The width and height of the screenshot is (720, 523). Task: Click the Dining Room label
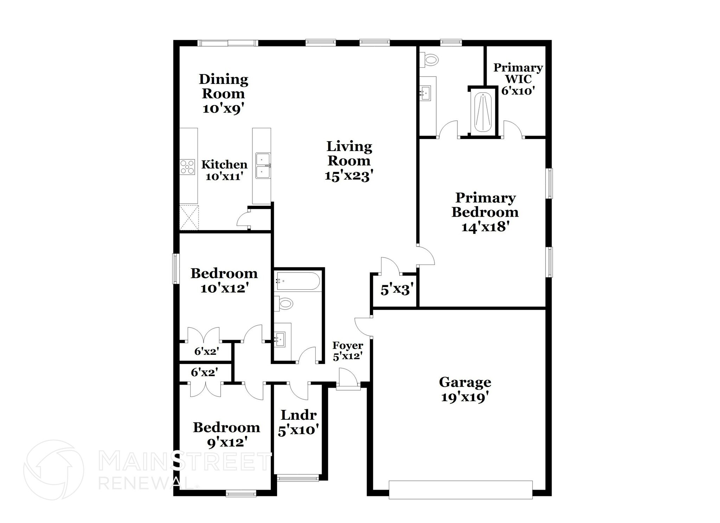tap(224, 86)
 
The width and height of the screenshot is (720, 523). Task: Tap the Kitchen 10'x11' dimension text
tap(224, 176)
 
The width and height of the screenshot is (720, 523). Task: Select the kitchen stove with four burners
tap(187, 167)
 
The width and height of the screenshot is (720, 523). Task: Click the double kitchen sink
tap(263, 165)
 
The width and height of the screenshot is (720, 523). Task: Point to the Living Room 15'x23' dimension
tap(348, 175)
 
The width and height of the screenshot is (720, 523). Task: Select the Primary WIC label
tap(518, 73)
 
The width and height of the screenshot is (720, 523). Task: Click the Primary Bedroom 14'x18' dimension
tap(486, 227)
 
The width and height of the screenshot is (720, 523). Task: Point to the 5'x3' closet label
tap(396, 290)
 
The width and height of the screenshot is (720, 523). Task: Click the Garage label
tap(465, 382)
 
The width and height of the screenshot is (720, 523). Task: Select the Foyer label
tap(348, 346)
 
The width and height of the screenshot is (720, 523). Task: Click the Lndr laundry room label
tap(298, 415)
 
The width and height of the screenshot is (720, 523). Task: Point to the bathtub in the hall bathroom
tap(297, 281)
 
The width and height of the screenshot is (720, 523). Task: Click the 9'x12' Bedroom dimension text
tap(225, 442)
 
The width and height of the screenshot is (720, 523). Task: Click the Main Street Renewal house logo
tap(53, 470)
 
